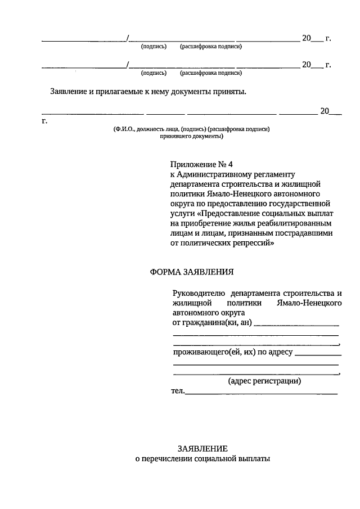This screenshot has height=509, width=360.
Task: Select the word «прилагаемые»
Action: coord(113,91)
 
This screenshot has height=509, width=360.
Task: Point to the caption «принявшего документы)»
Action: coord(191,136)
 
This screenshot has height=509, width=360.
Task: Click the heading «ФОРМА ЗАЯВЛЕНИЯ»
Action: coord(191,272)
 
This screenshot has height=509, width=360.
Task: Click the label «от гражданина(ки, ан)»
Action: coord(212,323)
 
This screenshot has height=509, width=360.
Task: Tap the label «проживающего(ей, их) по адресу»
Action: coord(232,353)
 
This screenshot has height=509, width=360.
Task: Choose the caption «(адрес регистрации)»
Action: coord(264,381)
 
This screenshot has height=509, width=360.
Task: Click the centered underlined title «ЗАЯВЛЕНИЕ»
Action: coord(202,448)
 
